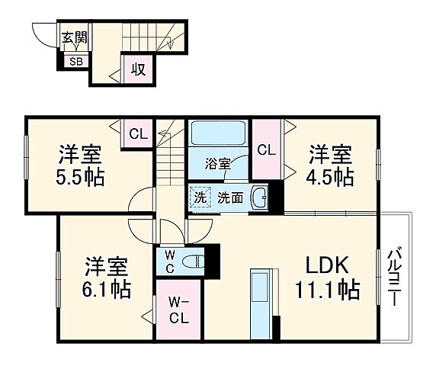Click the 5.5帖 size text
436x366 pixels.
tap(79, 178)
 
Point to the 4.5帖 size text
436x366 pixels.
tap(330, 178)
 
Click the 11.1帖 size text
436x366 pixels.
tap(328, 290)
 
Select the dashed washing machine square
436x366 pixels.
tap(200, 197)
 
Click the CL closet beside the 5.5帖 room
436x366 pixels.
tap(138, 134)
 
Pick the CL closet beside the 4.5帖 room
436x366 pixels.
tap(266, 149)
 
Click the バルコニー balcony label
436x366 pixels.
tap(396, 276)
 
